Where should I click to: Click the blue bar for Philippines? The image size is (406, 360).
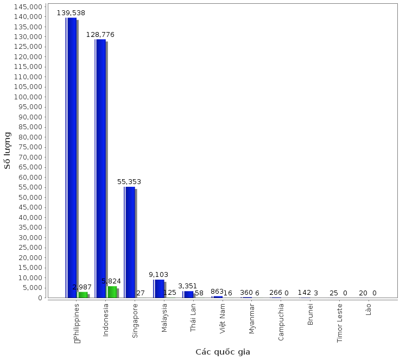pos(72,157)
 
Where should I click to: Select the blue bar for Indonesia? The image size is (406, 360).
pos(100,168)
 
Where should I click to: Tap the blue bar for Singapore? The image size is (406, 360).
pos(130,242)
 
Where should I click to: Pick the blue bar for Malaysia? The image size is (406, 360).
pos(159,288)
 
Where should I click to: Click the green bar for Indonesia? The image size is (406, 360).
pos(112,292)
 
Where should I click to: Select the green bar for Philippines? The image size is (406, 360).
pos(83,295)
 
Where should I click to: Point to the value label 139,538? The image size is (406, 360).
pos(71,12)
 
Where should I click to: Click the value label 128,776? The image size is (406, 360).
pos(100,35)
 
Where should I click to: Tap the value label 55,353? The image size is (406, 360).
pos(129,182)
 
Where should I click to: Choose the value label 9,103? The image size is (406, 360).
pos(158,275)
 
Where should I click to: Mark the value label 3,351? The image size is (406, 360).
pos(188,286)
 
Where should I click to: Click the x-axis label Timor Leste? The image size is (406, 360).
pos(340,323)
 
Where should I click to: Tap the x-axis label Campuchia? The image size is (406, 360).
pos(281,321)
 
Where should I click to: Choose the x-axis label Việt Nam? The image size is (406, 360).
pos(223,318)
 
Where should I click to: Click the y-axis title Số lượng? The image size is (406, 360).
pos(8,150)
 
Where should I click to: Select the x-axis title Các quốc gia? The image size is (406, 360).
pos(223,352)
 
